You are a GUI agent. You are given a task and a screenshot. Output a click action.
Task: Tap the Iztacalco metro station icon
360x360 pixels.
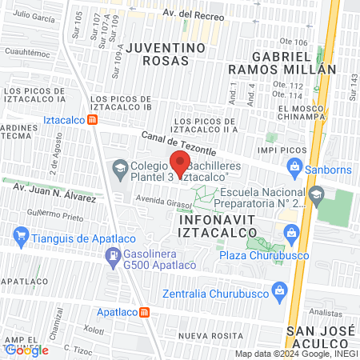coord(94,121)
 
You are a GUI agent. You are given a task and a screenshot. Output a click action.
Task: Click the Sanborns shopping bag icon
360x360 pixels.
coord(294,168)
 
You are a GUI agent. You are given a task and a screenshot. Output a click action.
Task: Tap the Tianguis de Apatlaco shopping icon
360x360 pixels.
coord(21,236)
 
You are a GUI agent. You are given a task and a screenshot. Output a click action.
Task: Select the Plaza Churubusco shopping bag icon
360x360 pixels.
coord(290,233)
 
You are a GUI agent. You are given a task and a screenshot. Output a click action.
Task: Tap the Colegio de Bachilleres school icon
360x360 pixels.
coord(120,168)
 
